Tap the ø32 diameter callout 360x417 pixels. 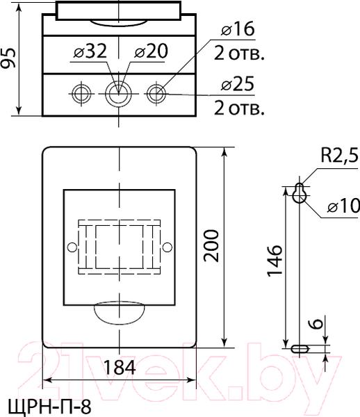click(x=90, y=51)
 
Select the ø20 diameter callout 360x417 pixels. click(x=152, y=51)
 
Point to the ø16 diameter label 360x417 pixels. click(x=238, y=28)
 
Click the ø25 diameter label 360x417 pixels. click(x=238, y=84)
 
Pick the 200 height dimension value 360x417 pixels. click(x=211, y=246)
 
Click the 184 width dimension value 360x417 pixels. click(x=119, y=367)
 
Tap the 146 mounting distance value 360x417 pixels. click(x=274, y=261)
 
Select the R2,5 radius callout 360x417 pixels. click(x=340, y=155)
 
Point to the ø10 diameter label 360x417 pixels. click(x=343, y=206)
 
